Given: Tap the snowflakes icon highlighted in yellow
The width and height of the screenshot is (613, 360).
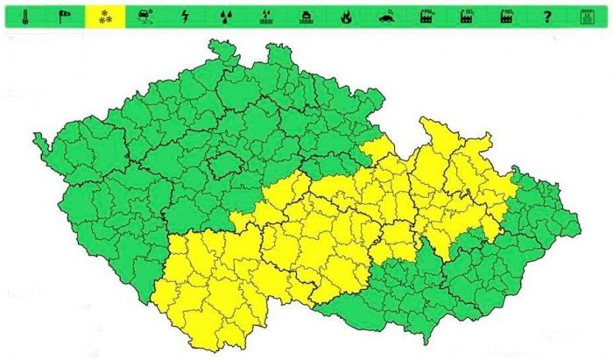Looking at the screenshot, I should click(104, 16).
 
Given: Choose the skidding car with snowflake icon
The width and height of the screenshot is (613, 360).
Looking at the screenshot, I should click(145, 16).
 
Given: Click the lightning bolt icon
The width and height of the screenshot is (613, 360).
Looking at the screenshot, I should click(185, 16).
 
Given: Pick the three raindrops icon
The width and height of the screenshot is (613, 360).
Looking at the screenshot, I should click(225, 16).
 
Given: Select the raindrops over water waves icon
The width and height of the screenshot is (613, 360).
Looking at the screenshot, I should click(265, 16).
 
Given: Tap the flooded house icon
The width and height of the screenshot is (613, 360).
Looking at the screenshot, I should click(306, 16).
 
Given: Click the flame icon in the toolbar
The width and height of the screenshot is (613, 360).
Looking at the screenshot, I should click(346, 16).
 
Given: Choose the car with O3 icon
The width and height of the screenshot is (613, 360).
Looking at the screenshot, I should click(386, 16).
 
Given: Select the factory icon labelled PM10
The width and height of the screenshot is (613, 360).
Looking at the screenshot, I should click(427, 16).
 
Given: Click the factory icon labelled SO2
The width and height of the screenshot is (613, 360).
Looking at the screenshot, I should click(467, 16).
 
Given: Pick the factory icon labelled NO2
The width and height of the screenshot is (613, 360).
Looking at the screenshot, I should click(507, 16).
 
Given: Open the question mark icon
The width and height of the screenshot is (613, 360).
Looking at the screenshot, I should click(547, 16).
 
